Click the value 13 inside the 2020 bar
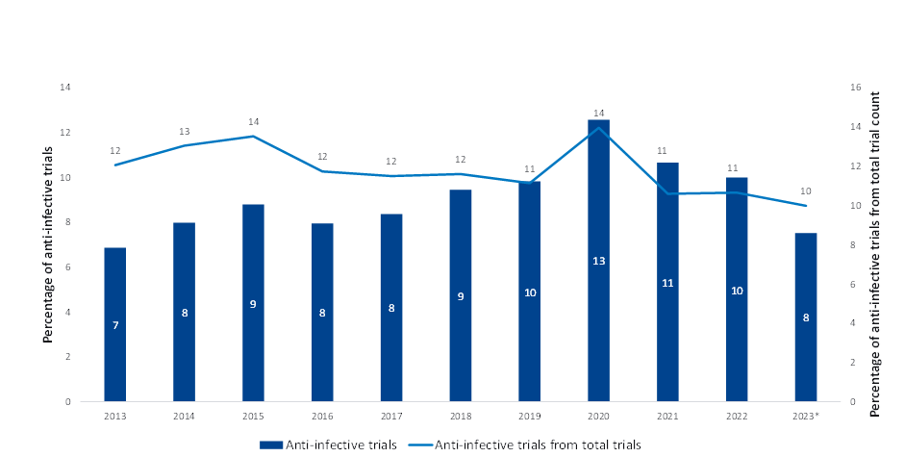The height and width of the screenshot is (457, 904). (599, 261)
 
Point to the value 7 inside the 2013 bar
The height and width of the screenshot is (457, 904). (115, 325)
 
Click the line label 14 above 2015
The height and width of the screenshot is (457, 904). (254, 122)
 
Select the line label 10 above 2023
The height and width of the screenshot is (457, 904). (806, 190)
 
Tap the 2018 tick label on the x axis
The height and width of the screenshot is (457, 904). (461, 416)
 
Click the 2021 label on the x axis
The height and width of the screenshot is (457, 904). (668, 416)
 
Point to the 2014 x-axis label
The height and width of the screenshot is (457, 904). (185, 416)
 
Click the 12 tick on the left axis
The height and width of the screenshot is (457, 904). (65, 133)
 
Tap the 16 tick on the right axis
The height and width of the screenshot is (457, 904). (854, 88)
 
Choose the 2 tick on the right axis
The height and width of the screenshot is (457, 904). (852, 363)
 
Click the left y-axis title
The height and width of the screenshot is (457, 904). (45, 244)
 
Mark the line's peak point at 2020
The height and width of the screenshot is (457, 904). (599, 128)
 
